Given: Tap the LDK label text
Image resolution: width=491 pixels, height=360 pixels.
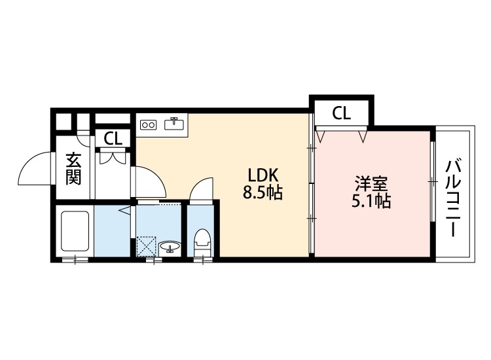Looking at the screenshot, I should [263, 175].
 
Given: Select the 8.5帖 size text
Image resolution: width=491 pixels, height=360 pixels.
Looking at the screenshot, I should [263, 194].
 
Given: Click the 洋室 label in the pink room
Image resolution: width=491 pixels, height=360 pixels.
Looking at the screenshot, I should [370, 181].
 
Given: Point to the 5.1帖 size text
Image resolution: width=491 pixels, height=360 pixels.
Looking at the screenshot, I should [370, 200].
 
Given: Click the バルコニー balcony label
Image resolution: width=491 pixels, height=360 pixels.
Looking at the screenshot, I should [453, 196].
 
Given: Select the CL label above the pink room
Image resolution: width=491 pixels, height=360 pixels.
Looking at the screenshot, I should [340, 113].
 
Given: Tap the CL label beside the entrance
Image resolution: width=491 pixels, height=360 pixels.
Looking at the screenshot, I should [113, 138].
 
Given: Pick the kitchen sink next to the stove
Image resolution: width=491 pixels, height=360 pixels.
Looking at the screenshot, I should [175, 123].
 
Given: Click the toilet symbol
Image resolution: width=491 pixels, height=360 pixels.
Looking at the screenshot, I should [201, 242].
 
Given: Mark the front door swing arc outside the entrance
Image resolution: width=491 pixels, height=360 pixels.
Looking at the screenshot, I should [34, 169].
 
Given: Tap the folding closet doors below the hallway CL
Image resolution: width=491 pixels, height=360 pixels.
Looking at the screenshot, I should [113, 156].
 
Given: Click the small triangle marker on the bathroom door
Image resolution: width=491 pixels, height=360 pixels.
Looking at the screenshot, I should [124, 211].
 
